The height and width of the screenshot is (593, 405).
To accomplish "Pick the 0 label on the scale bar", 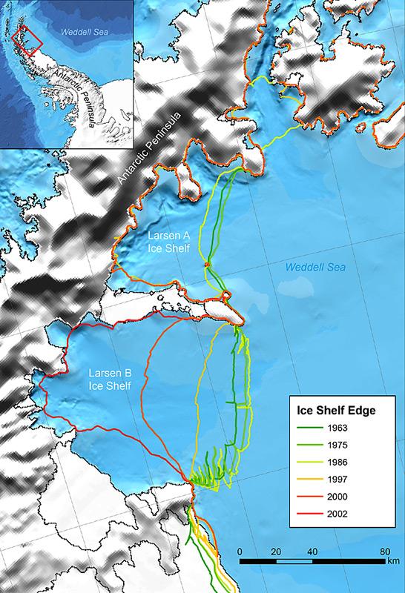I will pyautogui.click(x=241, y=552).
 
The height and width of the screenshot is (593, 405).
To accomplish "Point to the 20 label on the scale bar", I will pyautogui.click(x=277, y=552).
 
